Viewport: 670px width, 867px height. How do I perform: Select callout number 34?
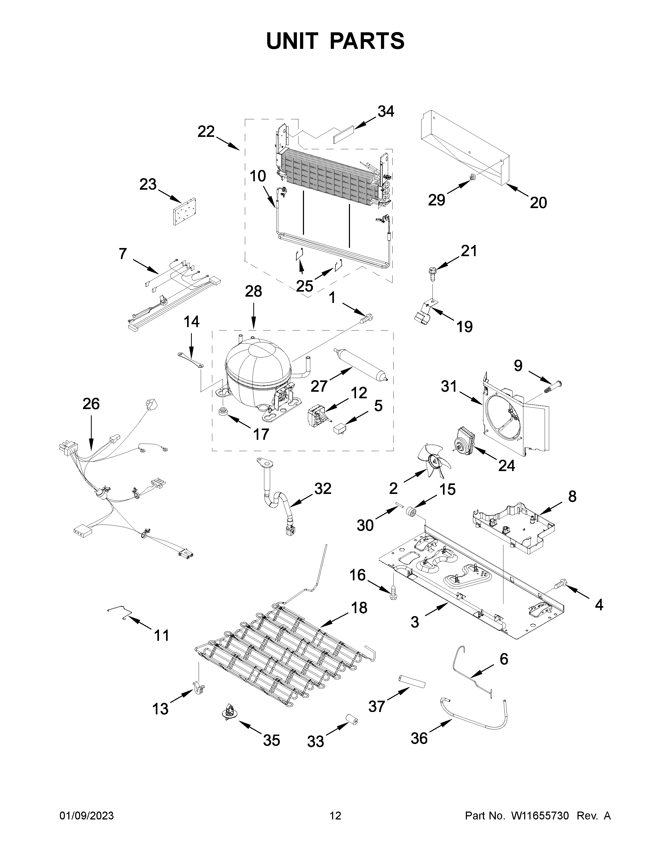(385, 112)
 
